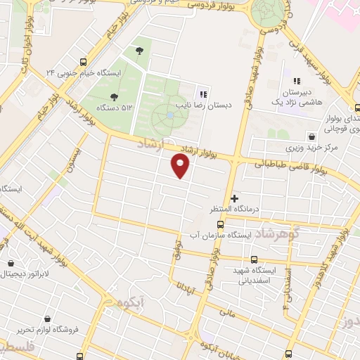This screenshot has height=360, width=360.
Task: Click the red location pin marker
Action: click(181, 166)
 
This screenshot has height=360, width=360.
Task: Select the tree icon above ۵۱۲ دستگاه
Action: click(115, 96)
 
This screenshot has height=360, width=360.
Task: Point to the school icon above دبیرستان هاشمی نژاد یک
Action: click(297, 82)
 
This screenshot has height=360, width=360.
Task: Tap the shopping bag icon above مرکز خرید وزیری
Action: click(311, 137)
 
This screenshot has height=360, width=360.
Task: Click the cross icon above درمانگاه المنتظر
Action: click(235, 198)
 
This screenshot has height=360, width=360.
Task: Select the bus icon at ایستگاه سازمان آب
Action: click(221, 224)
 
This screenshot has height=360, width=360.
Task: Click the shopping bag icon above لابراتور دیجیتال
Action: click(11, 264)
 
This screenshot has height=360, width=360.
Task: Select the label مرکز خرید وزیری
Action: click(311, 149)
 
